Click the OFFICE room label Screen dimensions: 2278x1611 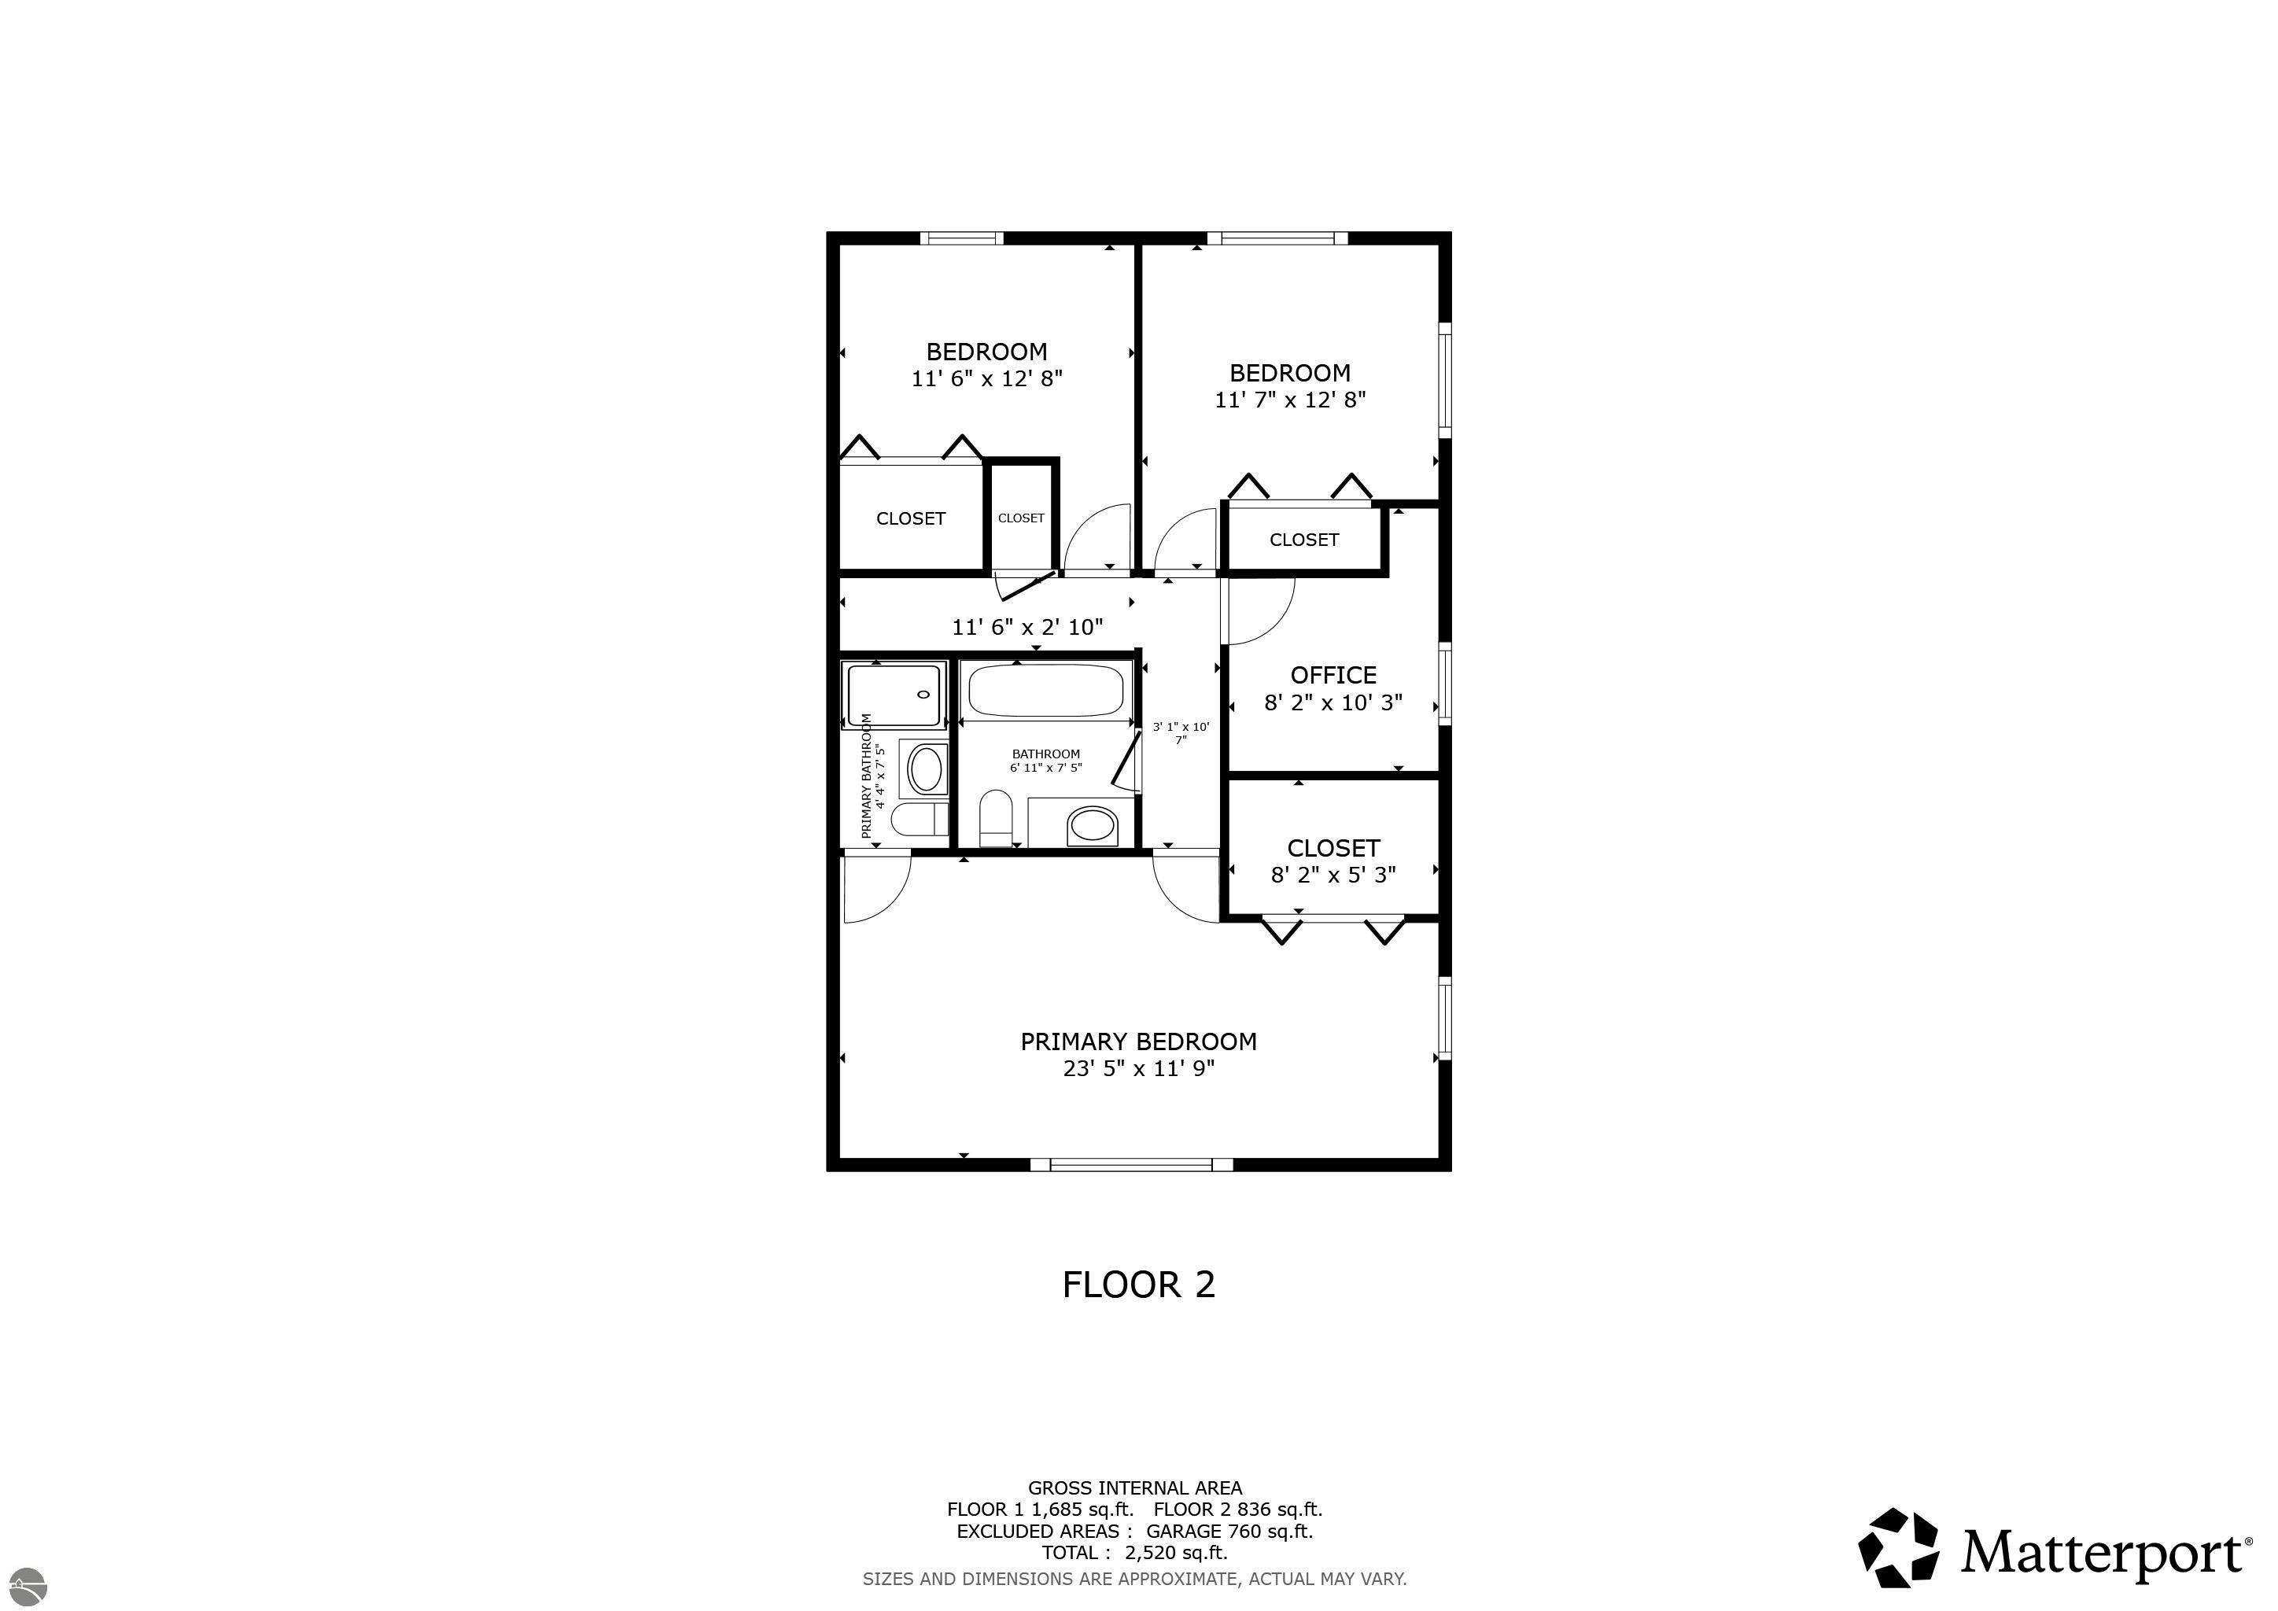1333,676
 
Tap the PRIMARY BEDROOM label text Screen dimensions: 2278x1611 1138,1041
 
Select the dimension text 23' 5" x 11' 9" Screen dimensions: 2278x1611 1139,1068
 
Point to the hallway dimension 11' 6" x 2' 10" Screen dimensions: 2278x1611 1027,627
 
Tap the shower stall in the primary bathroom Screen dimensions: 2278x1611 894,695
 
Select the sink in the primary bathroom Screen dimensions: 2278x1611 926,769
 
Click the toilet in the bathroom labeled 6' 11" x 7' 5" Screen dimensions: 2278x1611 994,817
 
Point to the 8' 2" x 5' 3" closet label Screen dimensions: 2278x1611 1333,861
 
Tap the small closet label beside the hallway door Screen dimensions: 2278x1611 1021,518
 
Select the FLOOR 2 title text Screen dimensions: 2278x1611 1138,1285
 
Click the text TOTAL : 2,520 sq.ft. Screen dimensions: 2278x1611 1134,1553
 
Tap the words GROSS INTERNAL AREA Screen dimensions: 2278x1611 1134,1488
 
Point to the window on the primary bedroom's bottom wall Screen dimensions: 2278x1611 1131,1165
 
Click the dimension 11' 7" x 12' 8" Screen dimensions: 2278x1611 1290,400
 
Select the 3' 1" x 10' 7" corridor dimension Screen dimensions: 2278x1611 1181,733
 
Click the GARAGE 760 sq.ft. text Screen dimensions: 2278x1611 1229,1531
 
